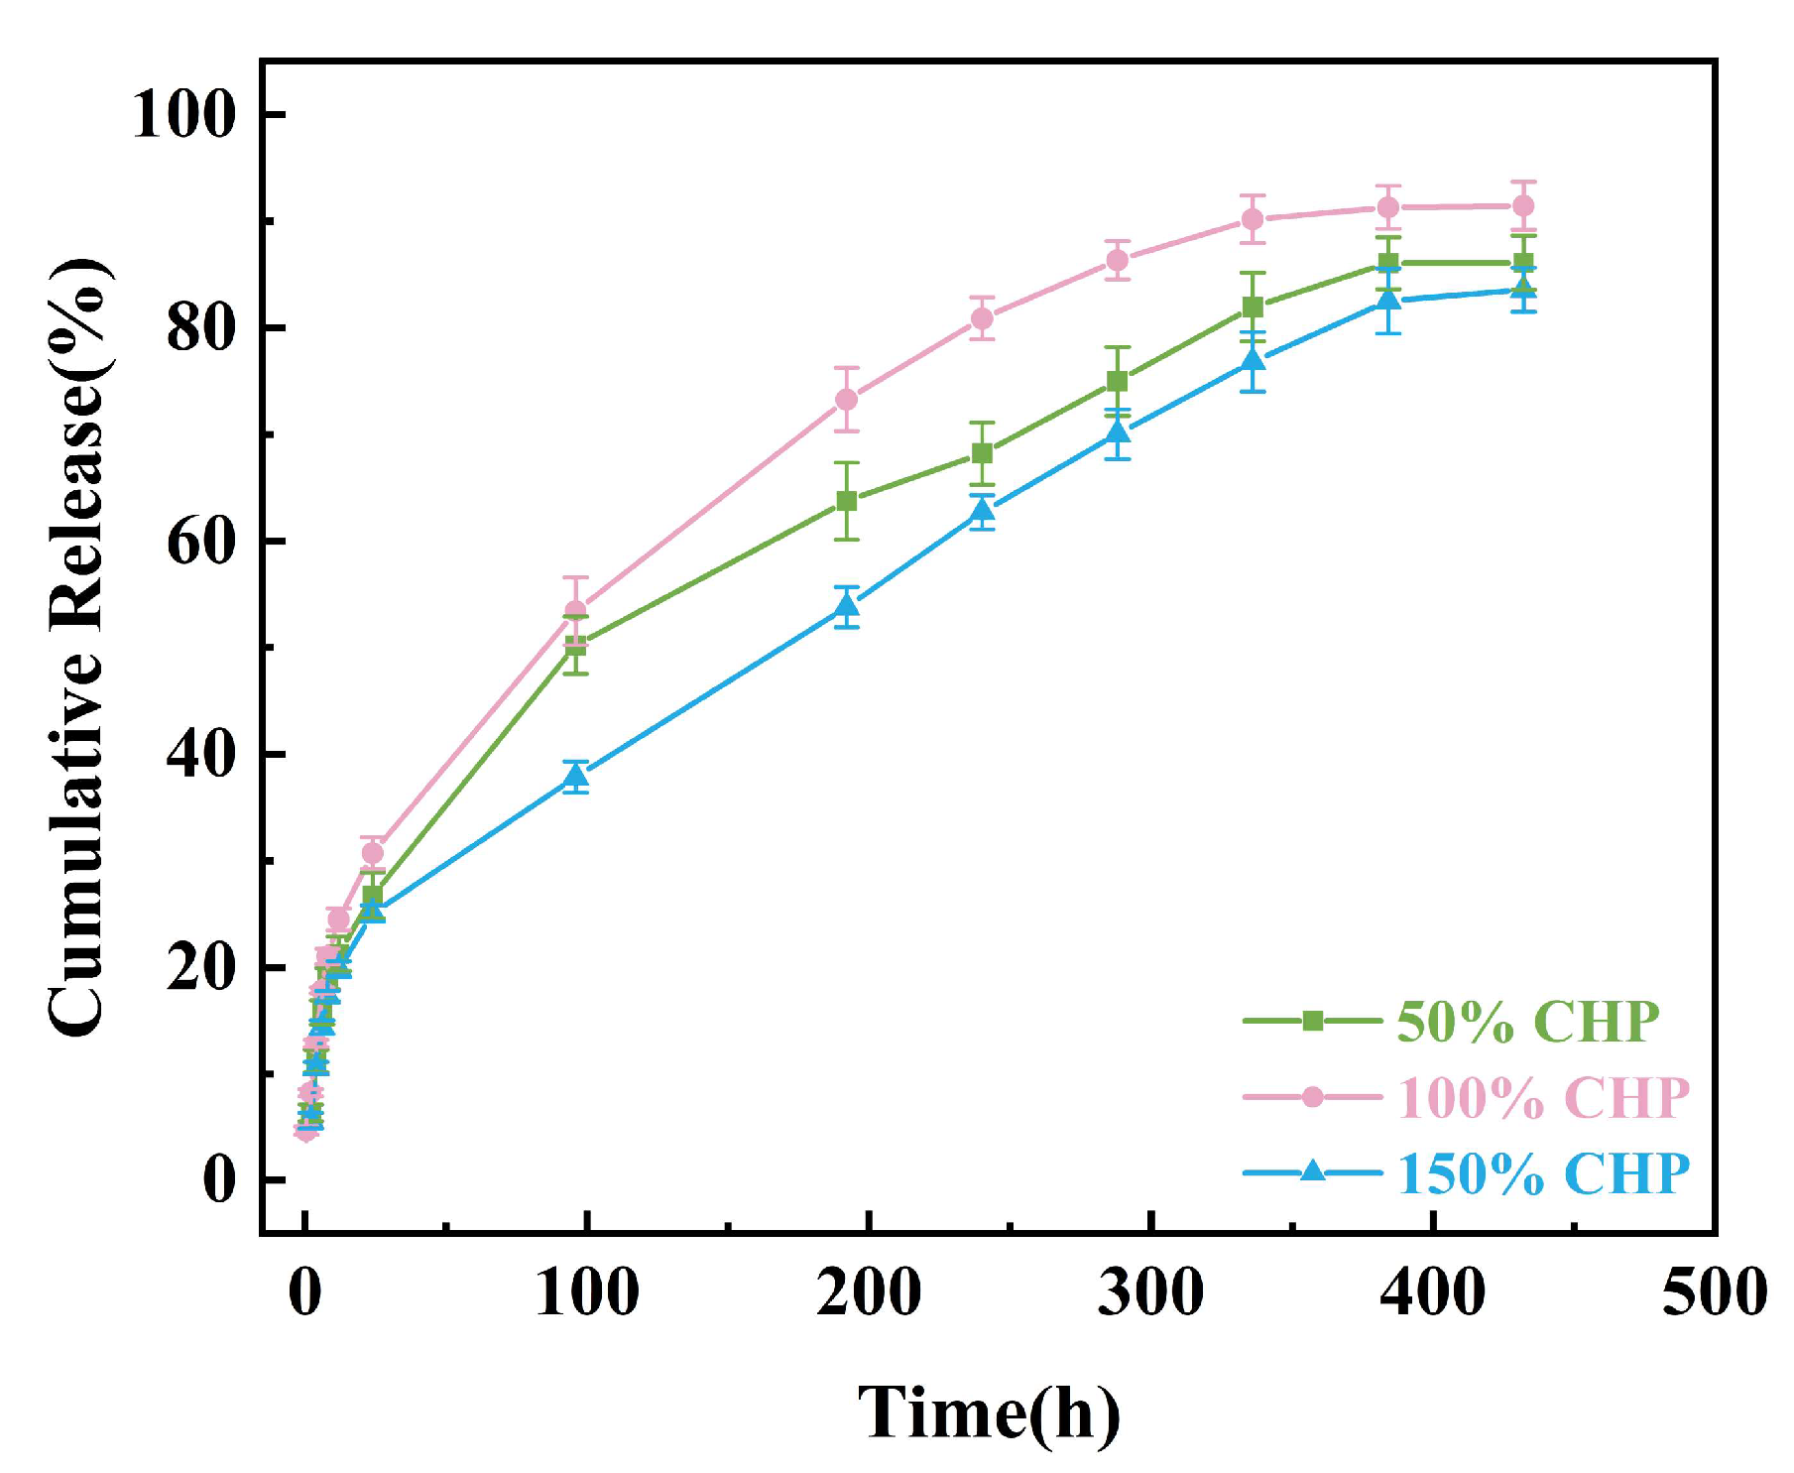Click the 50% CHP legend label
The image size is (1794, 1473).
point(1527,1021)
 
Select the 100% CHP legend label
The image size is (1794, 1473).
point(1542,1097)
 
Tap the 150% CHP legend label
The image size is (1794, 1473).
point(1542,1173)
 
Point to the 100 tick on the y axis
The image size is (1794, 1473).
point(183,113)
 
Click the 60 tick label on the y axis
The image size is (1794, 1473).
point(199,541)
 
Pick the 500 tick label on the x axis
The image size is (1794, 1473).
point(1714,1293)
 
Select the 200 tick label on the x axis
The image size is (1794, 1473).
point(869,1293)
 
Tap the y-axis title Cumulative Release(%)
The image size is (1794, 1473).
point(77,647)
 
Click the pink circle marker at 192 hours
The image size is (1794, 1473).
point(846,399)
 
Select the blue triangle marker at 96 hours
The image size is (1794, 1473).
point(576,777)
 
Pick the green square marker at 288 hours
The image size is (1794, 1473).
point(1118,381)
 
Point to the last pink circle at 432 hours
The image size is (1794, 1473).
point(1523,205)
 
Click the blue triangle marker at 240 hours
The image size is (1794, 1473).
point(982,511)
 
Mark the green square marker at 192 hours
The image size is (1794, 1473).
point(846,501)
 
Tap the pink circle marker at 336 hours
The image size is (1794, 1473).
point(1253,219)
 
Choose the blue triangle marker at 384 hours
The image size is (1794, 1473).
point(1388,300)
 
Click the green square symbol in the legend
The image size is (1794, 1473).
point(1312,1021)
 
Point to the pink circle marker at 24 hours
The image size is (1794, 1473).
point(373,852)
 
